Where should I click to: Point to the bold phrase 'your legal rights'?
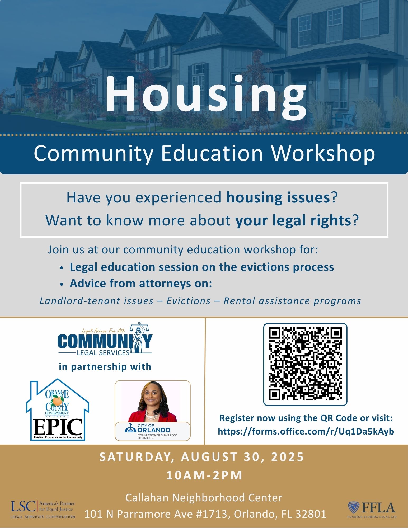(293, 221)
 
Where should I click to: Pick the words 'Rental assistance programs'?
(292, 301)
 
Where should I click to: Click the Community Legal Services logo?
(105, 339)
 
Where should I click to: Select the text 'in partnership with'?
(105, 367)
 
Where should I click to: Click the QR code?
(305, 364)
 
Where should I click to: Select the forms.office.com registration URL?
(306, 431)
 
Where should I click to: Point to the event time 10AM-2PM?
(204, 475)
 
